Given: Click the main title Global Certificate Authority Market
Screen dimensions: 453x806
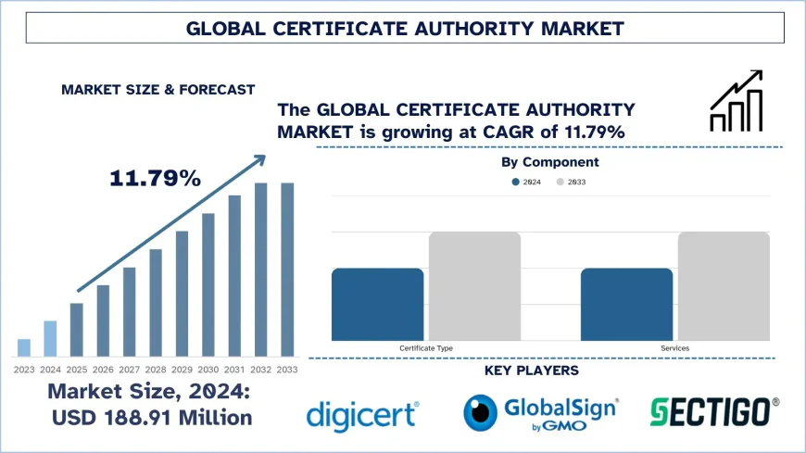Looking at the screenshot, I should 405,29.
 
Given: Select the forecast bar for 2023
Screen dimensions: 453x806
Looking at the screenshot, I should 24,347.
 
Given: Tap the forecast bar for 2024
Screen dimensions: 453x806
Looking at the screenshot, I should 50,338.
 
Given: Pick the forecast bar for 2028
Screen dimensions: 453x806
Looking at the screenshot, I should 156,303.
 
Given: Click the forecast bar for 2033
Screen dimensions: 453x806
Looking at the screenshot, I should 287,270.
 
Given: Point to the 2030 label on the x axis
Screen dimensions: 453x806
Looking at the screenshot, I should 208,370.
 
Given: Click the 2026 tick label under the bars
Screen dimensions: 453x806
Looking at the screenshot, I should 103,370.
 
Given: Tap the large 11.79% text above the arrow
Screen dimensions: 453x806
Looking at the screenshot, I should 156,178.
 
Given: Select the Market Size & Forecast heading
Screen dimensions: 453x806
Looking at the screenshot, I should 157,90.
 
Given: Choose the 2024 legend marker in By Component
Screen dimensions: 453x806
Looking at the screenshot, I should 516,182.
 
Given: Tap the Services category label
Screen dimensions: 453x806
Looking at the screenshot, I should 674,348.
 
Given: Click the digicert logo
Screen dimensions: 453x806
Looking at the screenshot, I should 362,412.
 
